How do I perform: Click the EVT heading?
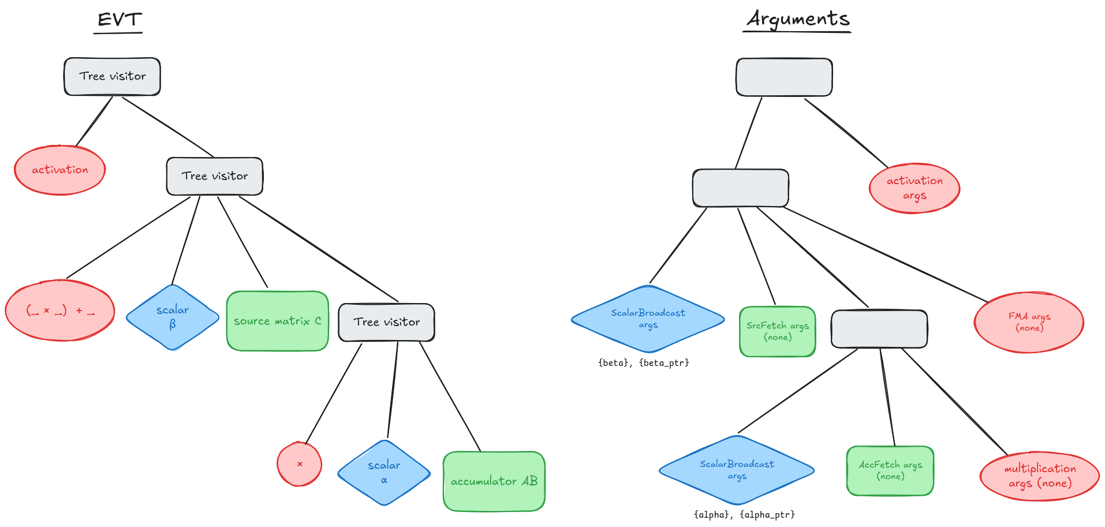click(119, 20)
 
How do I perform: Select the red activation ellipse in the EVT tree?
click(60, 170)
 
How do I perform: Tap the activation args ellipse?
click(914, 188)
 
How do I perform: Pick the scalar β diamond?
click(173, 317)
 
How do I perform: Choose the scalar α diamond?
click(384, 473)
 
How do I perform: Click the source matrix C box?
click(278, 321)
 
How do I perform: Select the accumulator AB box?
click(494, 481)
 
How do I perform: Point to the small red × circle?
click(299, 464)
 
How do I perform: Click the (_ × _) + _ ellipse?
click(60, 311)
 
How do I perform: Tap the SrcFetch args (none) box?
click(778, 331)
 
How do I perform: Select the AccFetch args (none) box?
click(890, 470)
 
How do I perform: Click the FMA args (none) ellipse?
click(1029, 322)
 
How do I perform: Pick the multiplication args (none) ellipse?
click(1040, 476)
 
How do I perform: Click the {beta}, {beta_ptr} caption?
click(644, 362)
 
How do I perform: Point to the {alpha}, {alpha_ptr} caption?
click(744, 514)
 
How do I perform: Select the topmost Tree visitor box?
click(112, 76)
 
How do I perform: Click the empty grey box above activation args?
click(784, 77)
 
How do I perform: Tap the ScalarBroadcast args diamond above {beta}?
click(648, 319)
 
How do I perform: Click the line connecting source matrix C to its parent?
click(242, 242)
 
